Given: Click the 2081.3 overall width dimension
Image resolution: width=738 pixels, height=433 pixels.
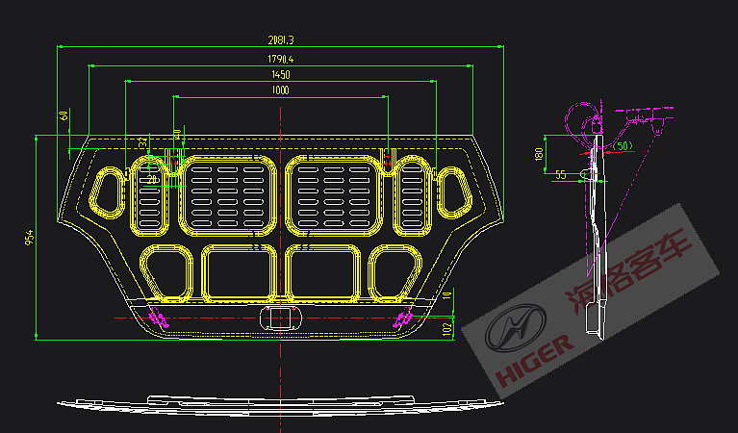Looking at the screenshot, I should click(x=280, y=39).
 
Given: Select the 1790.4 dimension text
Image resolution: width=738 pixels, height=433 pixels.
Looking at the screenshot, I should click(x=280, y=60).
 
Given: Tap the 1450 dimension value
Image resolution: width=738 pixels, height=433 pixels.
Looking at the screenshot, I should click(x=280, y=75).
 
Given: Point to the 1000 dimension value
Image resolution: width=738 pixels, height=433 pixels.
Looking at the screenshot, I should click(x=280, y=90).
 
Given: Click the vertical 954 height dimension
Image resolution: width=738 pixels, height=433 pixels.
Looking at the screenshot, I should click(x=30, y=236).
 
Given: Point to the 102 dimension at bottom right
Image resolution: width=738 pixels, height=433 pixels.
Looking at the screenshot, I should click(x=446, y=328).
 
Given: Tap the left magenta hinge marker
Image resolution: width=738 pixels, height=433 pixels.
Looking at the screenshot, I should click(x=159, y=318).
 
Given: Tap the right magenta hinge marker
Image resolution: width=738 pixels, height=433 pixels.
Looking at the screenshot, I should click(x=402, y=318).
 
